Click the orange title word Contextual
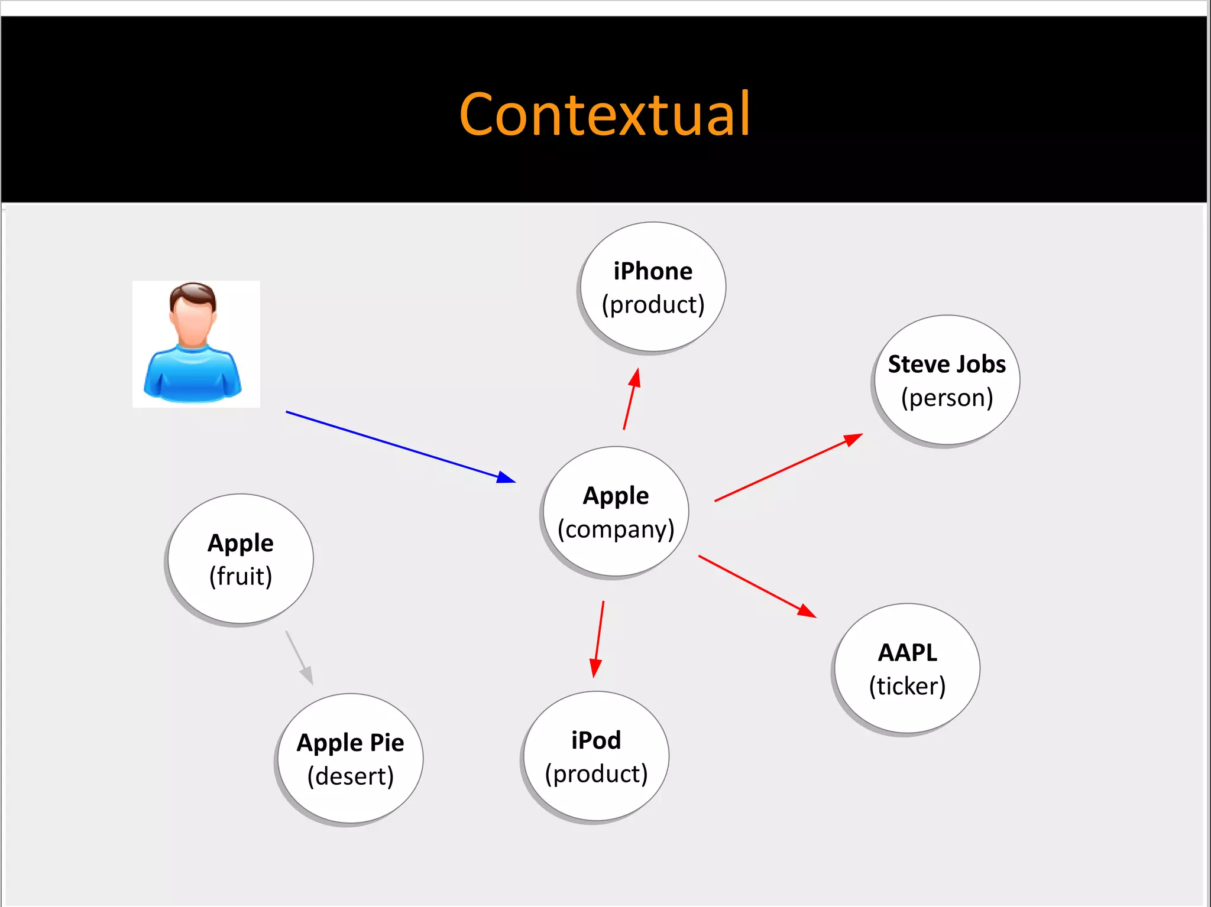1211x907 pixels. [604, 115]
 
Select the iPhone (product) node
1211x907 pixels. [653, 287]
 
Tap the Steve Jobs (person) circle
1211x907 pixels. [946, 380]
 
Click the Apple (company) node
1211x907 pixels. [616, 512]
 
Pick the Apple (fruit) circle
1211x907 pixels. [240, 559]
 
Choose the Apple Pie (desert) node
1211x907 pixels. [350, 759]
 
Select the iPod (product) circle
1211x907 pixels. [596, 756]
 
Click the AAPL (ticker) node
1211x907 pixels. [907, 669]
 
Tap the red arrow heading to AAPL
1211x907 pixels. [757, 586]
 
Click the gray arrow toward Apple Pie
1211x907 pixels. [299, 658]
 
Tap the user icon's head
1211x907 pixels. [193, 313]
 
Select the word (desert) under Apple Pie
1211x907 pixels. [350, 776]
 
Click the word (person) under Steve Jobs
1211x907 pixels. [946, 398]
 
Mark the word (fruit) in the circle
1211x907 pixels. [240, 577]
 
